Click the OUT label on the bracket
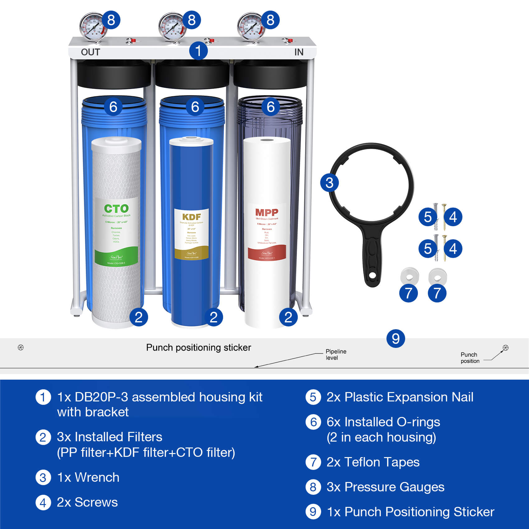(90, 52)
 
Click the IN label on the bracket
(299, 52)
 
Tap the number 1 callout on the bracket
(198, 51)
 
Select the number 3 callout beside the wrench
(329, 183)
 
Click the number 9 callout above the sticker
(396, 339)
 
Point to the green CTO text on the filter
(116, 208)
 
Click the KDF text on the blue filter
(191, 217)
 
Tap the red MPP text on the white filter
(267, 213)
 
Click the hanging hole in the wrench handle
(372, 276)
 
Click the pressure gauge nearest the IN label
(250, 27)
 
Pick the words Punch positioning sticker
(199, 348)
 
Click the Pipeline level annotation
(336, 354)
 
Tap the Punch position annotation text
(470, 358)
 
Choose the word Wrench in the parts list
(97, 477)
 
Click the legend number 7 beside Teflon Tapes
(313, 462)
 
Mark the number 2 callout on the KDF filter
(213, 317)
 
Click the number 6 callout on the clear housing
(270, 107)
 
